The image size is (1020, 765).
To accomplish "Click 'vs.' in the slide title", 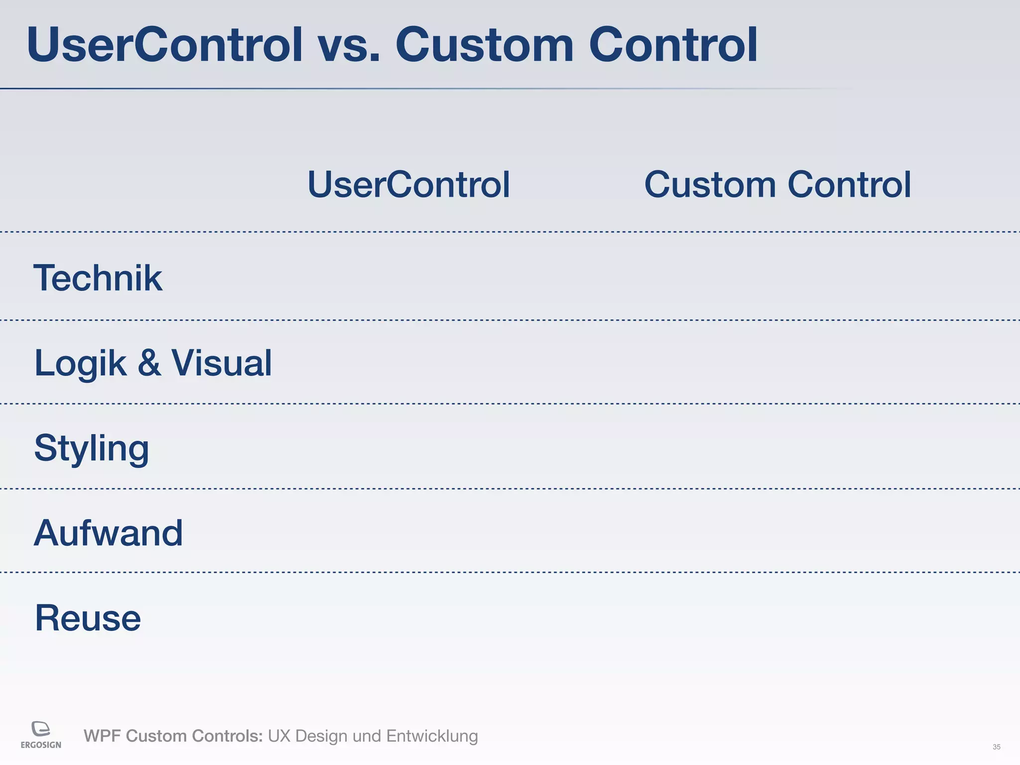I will (349, 46).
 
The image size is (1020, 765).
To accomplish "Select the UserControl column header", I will (408, 185).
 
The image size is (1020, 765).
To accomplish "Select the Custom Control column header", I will (777, 185).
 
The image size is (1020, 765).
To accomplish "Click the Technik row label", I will (98, 278).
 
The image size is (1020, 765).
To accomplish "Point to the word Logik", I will (80, 364).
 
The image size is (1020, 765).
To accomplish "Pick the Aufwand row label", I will (108, 533).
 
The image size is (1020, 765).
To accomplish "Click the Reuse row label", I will (88, 618).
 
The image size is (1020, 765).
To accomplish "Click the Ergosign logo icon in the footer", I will (41, 729).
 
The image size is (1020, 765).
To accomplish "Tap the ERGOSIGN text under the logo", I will (41, 745).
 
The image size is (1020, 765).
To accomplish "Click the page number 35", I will (996, 747).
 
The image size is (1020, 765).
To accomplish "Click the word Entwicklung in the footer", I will (432, 736).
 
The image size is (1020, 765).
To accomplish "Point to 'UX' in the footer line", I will (279, 736).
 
